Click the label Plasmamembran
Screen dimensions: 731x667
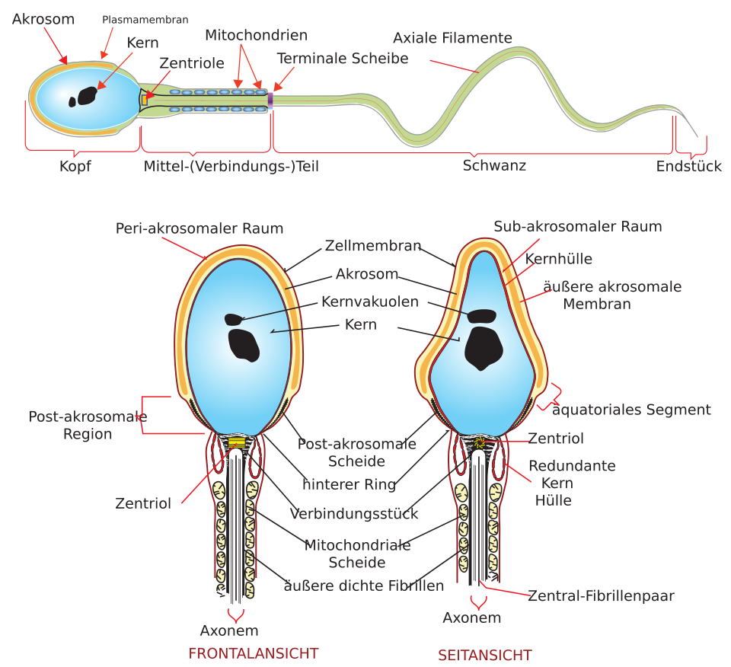(x=145, y=20)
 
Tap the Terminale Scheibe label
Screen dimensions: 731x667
(x=343, y=59)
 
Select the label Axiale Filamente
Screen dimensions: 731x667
(x=452, y=38)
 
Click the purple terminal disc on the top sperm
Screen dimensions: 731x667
(x=270, y=101)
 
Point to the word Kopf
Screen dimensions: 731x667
(x=75, y=167)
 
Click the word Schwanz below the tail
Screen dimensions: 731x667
(x=494, y=165)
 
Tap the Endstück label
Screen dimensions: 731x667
(x=688, y=166)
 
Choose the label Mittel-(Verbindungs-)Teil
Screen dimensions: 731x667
(x=231, y=167)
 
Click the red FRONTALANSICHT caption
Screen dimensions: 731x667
(x=253, y=653)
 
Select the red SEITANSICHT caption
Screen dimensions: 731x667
(x=485, y=656)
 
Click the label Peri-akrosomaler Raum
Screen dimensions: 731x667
(x=200, y=228)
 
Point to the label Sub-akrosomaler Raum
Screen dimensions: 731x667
(x=578, y=227)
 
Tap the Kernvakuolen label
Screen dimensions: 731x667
(x=370, y=302)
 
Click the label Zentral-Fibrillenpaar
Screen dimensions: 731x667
(x=601, y=595)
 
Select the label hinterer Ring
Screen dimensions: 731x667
(x=350, y=484)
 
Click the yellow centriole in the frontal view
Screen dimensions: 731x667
(x=237, y=442)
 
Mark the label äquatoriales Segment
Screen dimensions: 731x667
(x=632, y=410)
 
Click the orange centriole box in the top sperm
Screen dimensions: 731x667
(x=145, y=100)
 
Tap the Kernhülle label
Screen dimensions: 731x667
(x=558, y=259)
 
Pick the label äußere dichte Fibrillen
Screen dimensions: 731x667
(x=364, y=586)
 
